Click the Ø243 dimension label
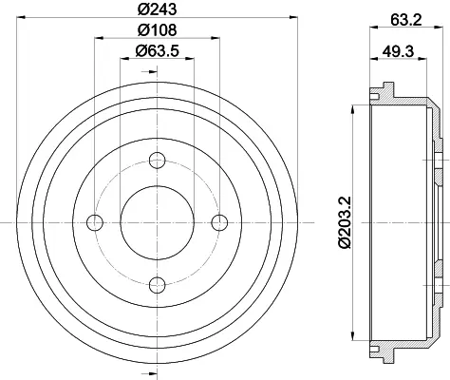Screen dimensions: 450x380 coord(157,9)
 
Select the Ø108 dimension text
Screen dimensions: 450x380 coord(157,29)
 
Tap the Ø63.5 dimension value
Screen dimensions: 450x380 coord(157,50)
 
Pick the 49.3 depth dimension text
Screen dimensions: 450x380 coord(398,50)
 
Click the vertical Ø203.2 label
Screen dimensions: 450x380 coord(345,222)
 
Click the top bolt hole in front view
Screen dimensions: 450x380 coord(157,161)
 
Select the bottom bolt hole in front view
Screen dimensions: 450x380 coord(157,285)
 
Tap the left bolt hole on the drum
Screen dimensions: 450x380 coord(95,222)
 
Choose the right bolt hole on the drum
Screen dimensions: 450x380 coord(219,222)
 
